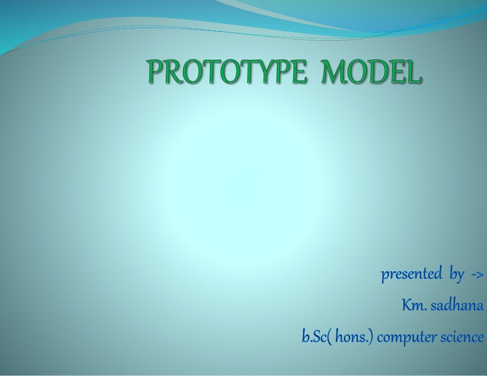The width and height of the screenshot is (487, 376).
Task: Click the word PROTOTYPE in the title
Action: [x=226, y=72]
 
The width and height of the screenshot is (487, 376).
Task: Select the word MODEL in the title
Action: [x=371, y=72]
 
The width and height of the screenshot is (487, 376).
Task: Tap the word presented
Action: [x=411, y=274]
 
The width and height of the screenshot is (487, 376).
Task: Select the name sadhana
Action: [x=457, y=305]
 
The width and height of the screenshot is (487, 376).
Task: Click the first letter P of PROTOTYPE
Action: [x=155, y=72]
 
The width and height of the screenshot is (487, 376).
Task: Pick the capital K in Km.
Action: [x=407, y=305]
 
